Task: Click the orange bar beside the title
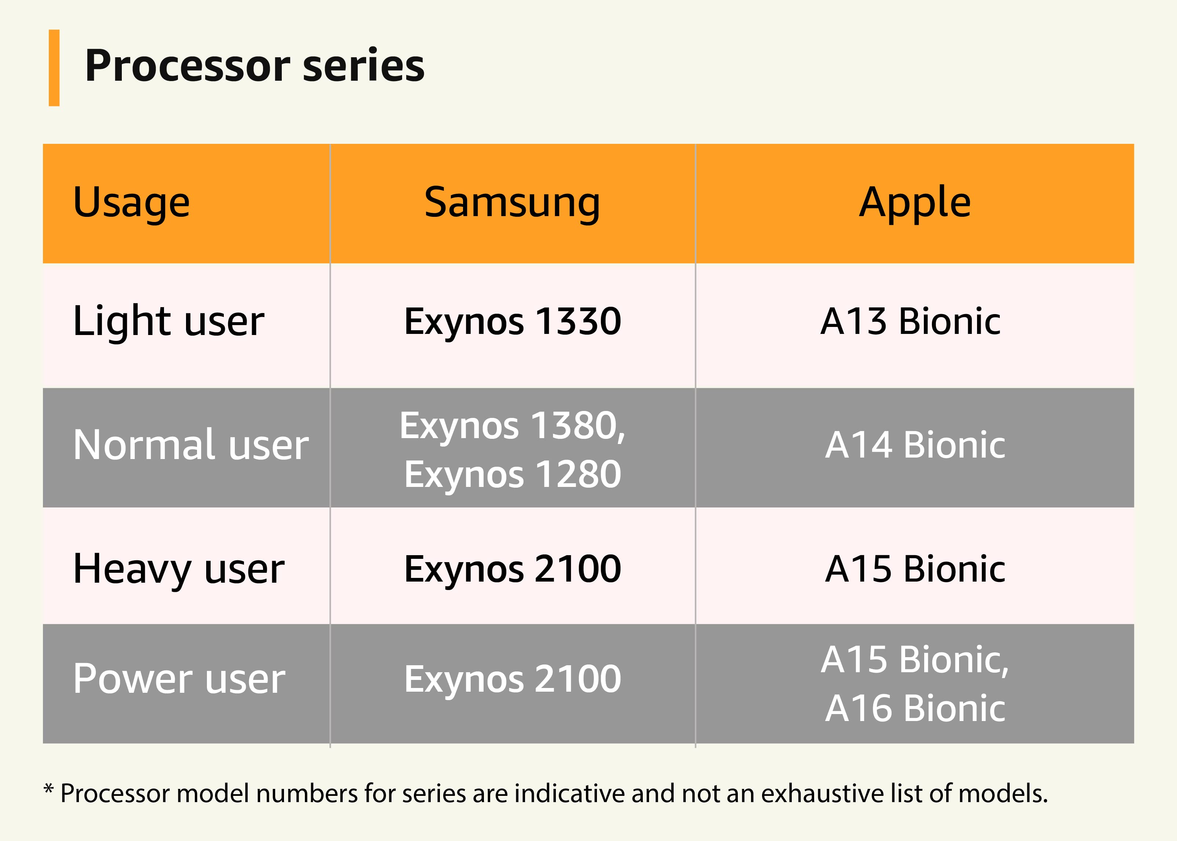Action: [54, 68]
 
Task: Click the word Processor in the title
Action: [188, 66]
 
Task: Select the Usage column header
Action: [131, 203]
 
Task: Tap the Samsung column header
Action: [512, 203]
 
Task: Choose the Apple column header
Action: [914, 203]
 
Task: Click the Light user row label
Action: [169, 321]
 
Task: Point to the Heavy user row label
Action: [179, 569]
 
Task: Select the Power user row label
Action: [179, 679]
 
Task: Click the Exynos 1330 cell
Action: [512, 321]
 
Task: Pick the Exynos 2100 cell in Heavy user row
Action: [512, 569]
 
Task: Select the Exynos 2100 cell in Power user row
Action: [512, 679]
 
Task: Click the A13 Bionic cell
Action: [910, 321]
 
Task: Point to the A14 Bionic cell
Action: [914, 445]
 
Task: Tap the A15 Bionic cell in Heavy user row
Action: [914, 569]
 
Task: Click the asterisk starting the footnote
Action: [49, 790]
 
